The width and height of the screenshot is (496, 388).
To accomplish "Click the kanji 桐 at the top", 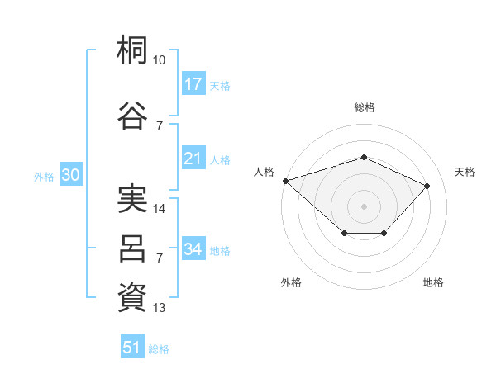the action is click(132, 50).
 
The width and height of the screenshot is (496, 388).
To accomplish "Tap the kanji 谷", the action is click(132, 116).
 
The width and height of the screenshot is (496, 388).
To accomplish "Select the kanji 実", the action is click(132, 198).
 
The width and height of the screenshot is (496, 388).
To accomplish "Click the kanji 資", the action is click(132, 297).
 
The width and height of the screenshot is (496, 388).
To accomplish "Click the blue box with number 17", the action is click(193, 83).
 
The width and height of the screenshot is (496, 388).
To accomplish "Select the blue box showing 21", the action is click(193, 158).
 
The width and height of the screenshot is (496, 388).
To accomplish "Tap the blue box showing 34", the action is click(193, 248).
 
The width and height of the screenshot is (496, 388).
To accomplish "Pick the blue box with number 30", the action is click(71, 174).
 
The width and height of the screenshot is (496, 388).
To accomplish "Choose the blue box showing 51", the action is click(132, 346).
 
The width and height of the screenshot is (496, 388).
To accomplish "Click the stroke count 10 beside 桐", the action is click(159, 60).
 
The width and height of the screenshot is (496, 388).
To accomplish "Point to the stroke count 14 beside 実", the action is click(159, 209).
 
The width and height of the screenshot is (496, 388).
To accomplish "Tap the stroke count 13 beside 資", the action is click(159, 308).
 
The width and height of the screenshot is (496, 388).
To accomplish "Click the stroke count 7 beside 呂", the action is click(160, 258).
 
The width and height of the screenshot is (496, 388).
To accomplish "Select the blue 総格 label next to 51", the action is click(159, 349).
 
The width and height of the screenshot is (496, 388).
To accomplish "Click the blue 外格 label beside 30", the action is click(44, 177).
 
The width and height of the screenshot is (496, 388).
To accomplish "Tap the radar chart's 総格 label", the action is click(365, 107).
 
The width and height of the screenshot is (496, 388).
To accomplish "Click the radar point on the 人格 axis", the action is click(286, 181).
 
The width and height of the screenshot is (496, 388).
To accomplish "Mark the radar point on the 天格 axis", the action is click(427, 186).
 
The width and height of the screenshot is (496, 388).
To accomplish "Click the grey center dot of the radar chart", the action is click(364, 206).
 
